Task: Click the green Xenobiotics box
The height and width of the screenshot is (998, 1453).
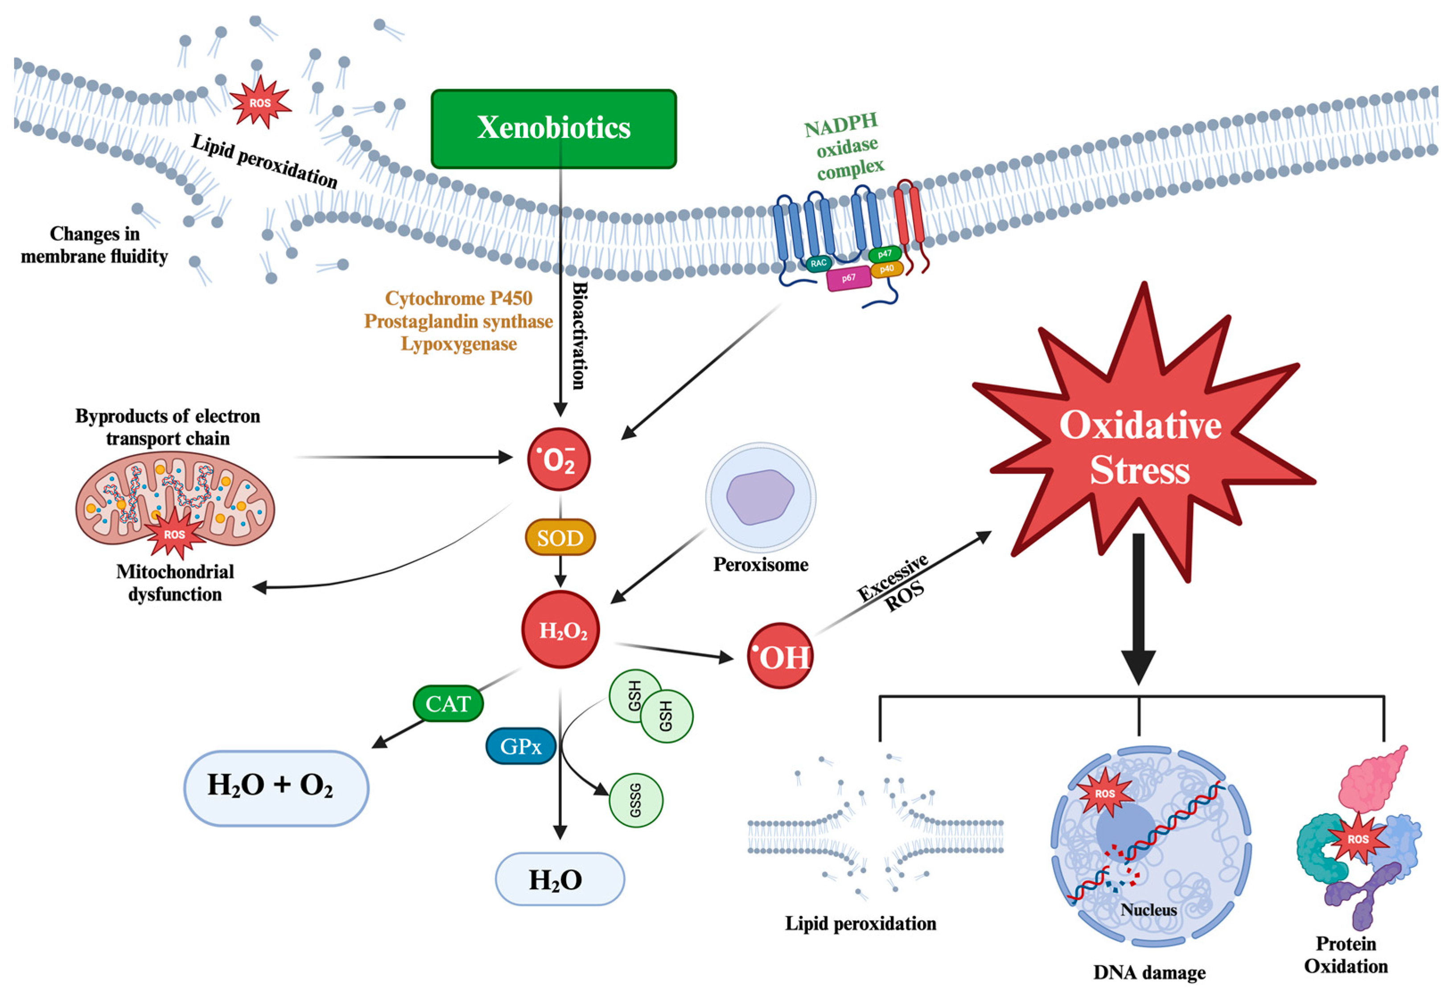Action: click(x=553, y=128)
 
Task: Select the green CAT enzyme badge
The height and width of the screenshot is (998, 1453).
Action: click(x=448, y=703)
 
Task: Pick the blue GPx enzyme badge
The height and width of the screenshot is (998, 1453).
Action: click(x=520, y=746)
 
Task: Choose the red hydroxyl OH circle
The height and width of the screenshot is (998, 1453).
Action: click(x=780, y=656)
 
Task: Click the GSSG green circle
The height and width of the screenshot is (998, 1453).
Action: click(x=636, y=800)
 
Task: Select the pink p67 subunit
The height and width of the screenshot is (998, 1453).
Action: click(x=848, y=278)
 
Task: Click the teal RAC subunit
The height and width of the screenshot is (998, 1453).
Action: click(x=819, y=263)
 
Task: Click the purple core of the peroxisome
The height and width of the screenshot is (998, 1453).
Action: click(x=760, y=497)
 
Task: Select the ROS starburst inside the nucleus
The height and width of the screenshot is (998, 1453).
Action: click(x=1105, y=793)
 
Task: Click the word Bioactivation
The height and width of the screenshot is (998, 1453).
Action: click(x=580, y=335)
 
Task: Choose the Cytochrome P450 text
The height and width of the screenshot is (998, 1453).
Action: click(x=458, y=298)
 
